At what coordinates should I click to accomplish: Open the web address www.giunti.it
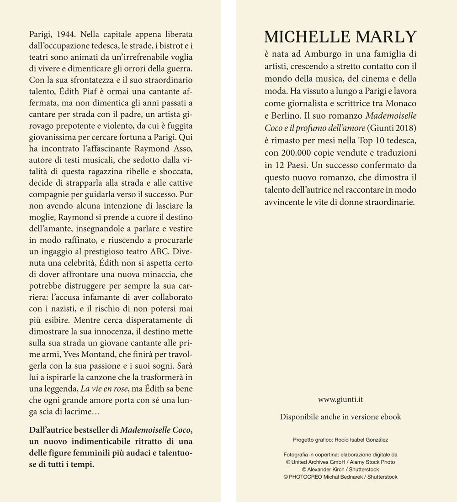tap(340, 400)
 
